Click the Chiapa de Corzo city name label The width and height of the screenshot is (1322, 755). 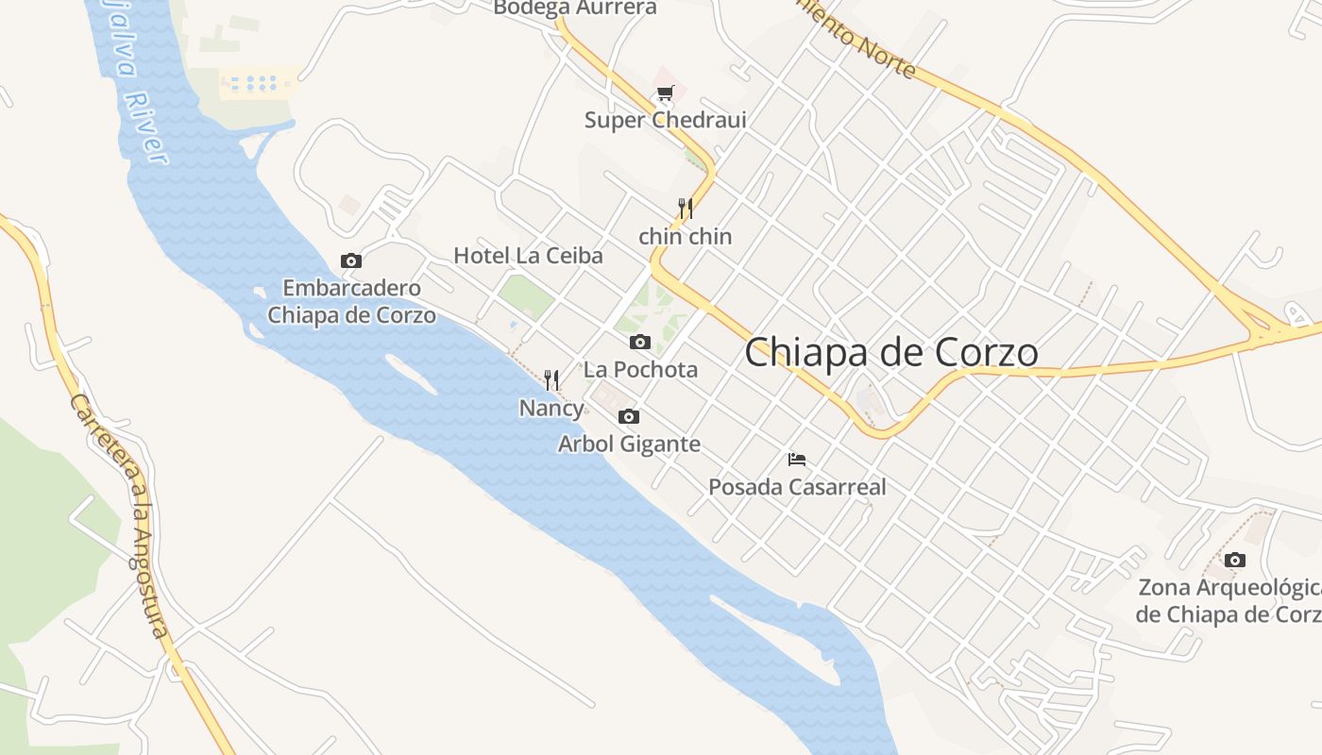[891, 353]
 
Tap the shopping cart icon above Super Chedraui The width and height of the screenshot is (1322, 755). [666, 93]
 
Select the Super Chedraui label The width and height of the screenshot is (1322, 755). [665, 121]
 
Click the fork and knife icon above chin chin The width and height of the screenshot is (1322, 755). [686, 209]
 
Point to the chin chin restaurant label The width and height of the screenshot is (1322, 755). [686, 237]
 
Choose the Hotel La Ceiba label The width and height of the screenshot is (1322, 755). [528, 256]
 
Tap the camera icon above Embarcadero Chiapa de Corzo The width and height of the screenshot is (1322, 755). [351, 261]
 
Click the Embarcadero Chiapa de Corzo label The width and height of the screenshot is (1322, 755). [351, 302]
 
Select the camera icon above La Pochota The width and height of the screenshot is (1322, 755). [640, 342]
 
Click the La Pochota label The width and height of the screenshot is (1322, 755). [640, 370]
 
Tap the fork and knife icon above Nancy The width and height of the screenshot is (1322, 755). [551, 380]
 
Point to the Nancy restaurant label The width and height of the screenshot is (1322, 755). [551, 409]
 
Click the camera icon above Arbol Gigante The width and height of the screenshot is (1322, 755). [629, 416]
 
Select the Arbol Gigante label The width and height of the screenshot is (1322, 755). [629, 445]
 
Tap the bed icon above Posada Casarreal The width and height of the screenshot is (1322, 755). [797, 460]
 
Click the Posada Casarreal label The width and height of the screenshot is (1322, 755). [797, 488]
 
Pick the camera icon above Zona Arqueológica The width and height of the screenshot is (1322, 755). [1234, 561]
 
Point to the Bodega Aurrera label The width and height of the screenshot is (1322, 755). [574, 8]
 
